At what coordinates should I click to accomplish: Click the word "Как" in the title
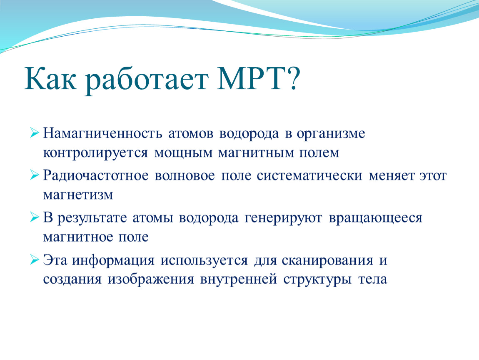[50, 78]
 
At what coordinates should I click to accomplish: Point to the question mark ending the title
[293, 78]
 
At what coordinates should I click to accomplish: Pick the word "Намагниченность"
[102, 134]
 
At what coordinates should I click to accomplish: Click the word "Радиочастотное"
[96, 176]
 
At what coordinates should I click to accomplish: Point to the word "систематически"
[309, 176]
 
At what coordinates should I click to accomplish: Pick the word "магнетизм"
[78, 195]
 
